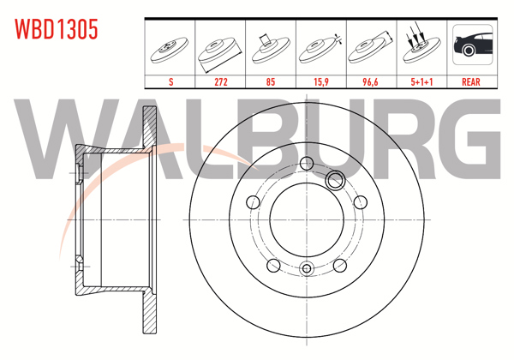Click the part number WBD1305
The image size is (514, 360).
57,29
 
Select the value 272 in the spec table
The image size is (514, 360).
222,82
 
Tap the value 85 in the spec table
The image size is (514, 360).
272,82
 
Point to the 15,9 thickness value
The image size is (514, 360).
321,82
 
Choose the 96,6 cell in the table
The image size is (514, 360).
371,82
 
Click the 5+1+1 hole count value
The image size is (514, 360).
421,82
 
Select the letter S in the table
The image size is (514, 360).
172,82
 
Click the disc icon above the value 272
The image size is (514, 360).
222,50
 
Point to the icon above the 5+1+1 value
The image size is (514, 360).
421,48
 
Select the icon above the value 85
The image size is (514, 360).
272,48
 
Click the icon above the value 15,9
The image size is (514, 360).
321,48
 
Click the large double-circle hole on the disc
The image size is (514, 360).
335,179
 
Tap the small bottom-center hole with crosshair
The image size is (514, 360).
307,270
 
